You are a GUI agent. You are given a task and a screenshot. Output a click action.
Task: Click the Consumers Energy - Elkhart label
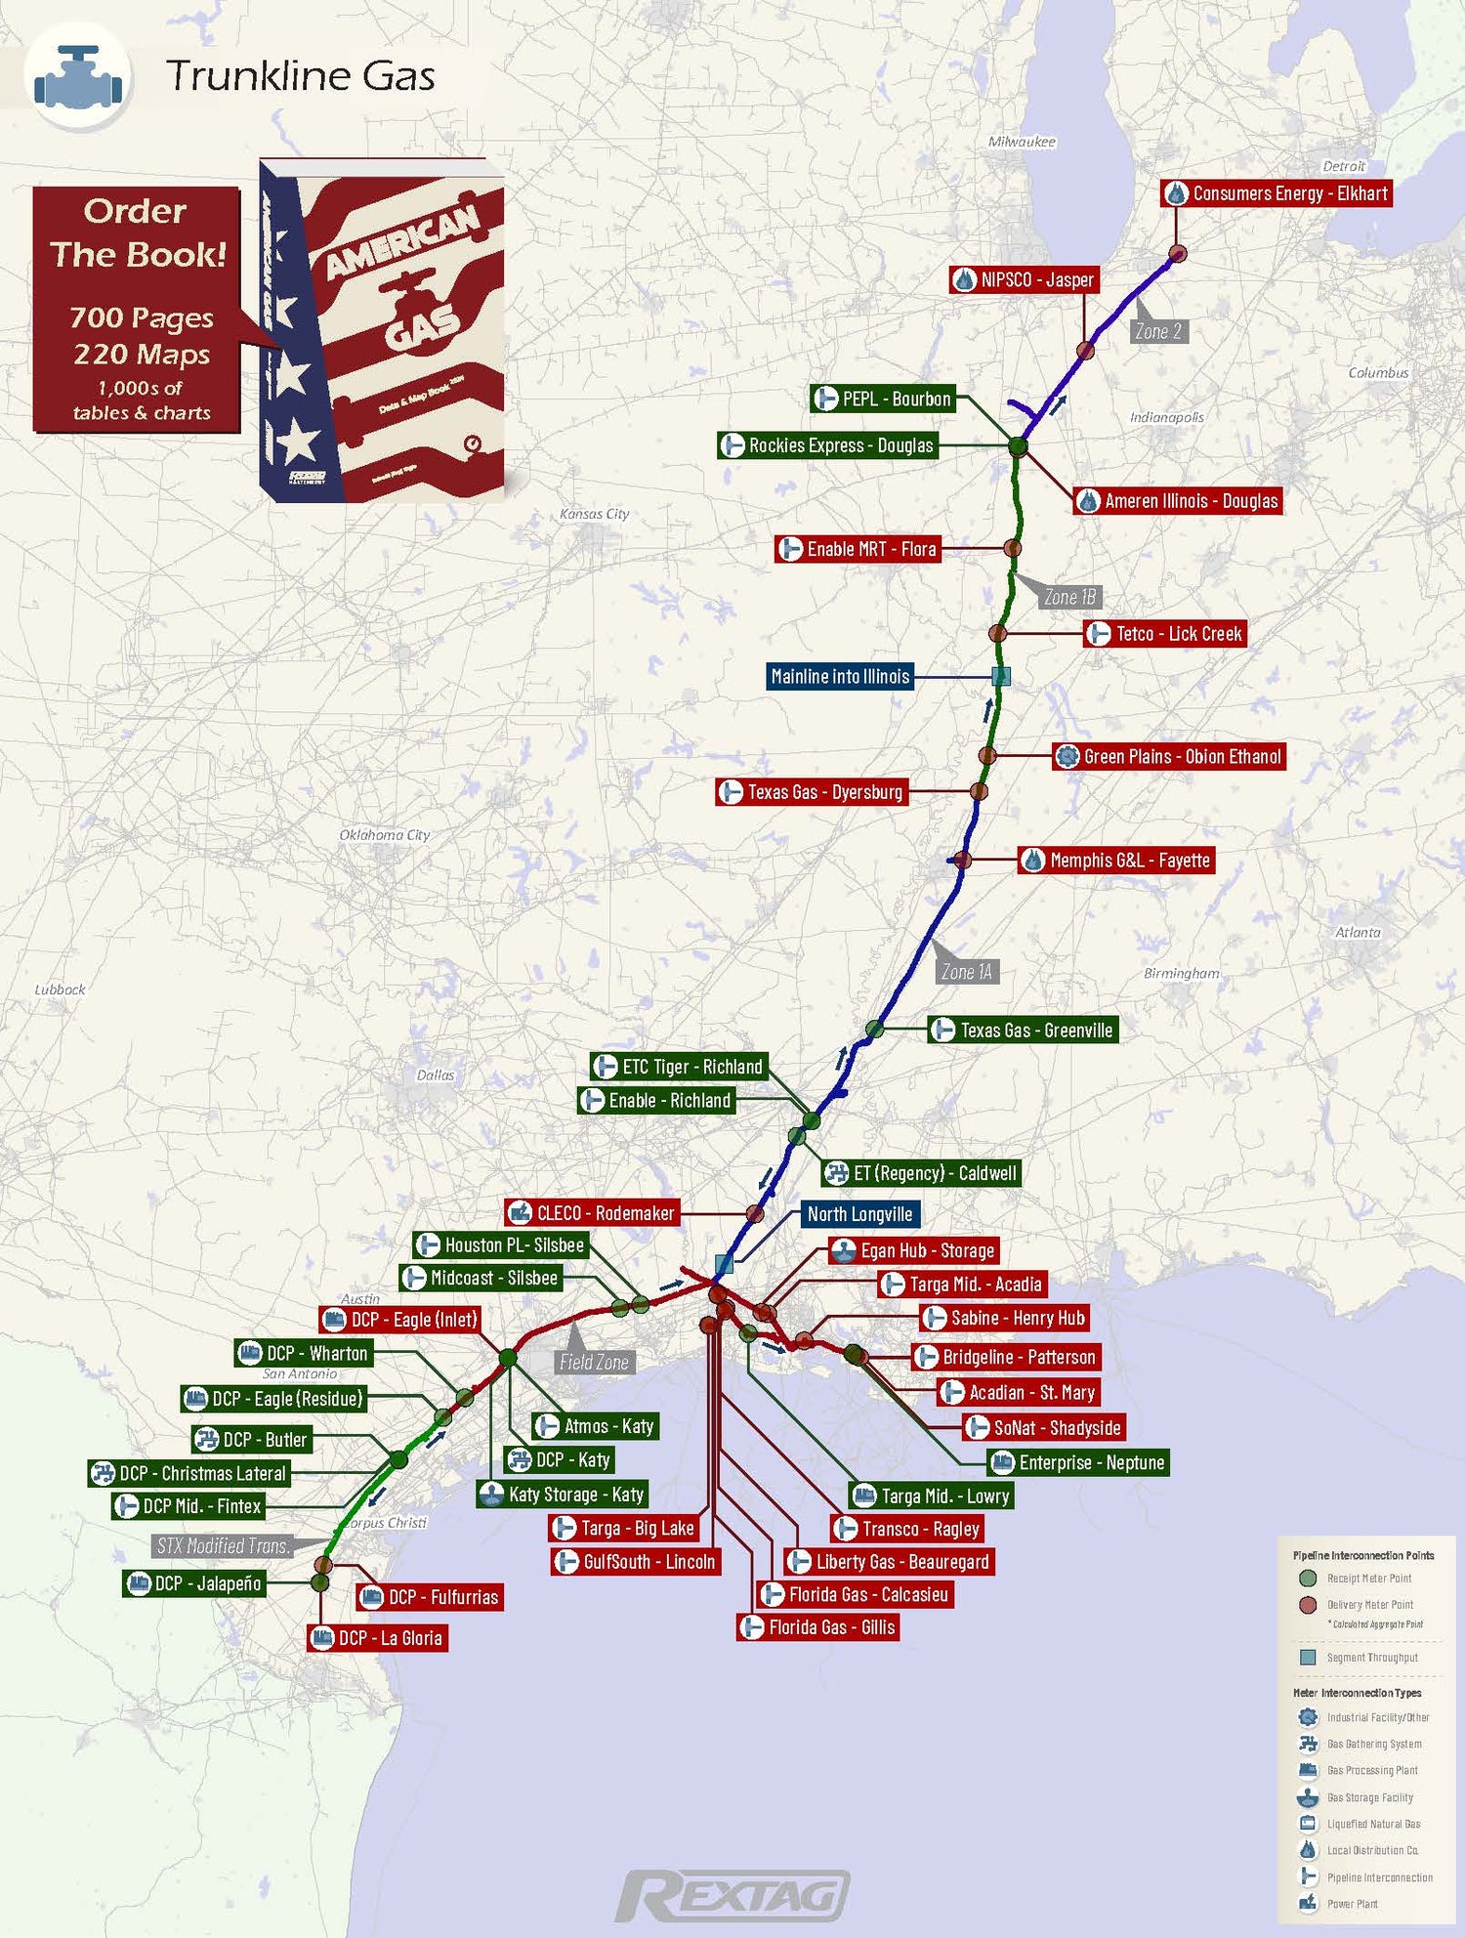click(1276, 193)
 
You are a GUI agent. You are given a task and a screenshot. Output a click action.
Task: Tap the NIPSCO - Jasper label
click(1025, 280)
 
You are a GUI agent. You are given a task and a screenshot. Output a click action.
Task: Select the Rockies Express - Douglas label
click(827, 445)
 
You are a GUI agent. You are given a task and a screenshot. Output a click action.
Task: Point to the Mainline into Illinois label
click(840, 676)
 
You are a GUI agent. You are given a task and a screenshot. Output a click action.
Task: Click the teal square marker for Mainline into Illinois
click(1000, 676)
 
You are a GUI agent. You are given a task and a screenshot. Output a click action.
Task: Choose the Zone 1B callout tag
click(1069, 597)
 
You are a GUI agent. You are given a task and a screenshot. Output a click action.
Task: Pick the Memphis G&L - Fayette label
click(1116, 861)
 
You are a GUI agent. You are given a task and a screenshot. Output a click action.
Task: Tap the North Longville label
click(859, 1214)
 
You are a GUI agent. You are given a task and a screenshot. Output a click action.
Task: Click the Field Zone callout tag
click(594, 1362)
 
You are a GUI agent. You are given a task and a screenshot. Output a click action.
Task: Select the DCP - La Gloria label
click(378, 1638)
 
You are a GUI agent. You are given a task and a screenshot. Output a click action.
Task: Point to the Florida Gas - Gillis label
click(817, 1627)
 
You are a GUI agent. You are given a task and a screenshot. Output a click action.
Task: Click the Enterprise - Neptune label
click(1078, 1462)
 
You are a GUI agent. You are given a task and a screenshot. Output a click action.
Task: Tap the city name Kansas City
click(594, 514)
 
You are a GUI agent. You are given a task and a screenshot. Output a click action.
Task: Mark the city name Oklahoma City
click(384, 835)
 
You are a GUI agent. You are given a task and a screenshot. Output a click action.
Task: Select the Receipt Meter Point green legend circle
click(1308, 1579)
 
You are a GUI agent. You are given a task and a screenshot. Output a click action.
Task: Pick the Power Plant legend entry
click(1352, 1904)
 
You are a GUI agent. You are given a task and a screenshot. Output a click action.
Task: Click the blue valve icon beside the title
click(78, 78)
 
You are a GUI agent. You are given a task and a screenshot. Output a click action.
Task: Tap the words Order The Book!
click(138, 232)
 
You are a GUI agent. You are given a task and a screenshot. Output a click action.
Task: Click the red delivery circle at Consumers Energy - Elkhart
click(1178, 254)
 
